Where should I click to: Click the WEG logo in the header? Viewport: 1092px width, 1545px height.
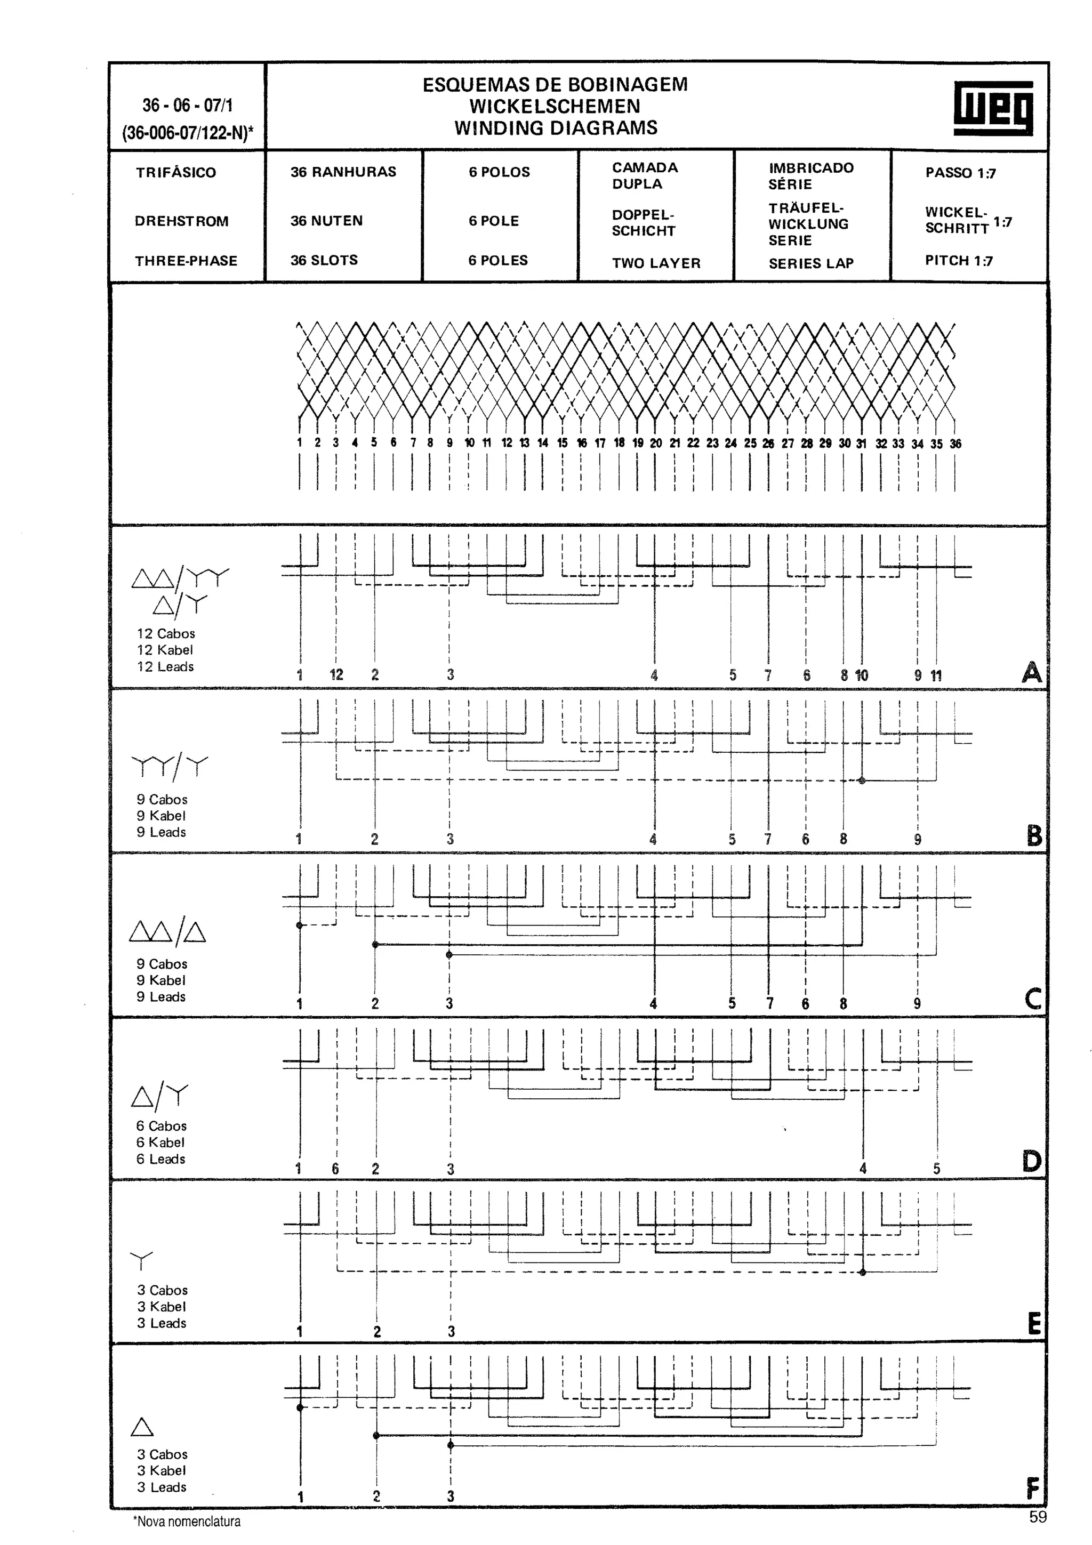coord(993,108)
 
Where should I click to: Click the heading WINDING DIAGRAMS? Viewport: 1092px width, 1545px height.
coord(556,128)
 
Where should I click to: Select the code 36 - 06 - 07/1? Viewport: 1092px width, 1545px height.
coord(187,105)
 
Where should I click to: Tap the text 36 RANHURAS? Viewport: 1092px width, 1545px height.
coord(343,172)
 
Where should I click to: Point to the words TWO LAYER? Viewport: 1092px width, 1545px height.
coord(656,263)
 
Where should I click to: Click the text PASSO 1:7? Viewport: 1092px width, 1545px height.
coord(960,173)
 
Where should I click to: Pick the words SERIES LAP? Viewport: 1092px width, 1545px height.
coord(811,264)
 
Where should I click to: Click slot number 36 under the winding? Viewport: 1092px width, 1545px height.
coord(955,444)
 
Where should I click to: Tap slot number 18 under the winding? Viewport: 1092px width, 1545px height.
coord(619,443)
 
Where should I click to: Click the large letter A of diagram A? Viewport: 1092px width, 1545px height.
coord(1031,672)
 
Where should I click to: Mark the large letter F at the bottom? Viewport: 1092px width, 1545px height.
coord(1033,1488)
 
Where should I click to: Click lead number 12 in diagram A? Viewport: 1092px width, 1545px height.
coord(336,675)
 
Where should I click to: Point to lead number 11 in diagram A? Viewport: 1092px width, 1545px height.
coord(936,675)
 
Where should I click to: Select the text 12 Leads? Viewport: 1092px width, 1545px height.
coord(165,667)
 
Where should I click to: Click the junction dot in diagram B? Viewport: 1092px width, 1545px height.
coord(862,780)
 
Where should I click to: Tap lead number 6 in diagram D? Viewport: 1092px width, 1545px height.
coord(335,1169)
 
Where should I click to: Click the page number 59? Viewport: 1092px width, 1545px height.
coord(1038,1517)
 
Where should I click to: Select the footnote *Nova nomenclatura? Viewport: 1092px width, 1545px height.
coord(187,1522)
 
